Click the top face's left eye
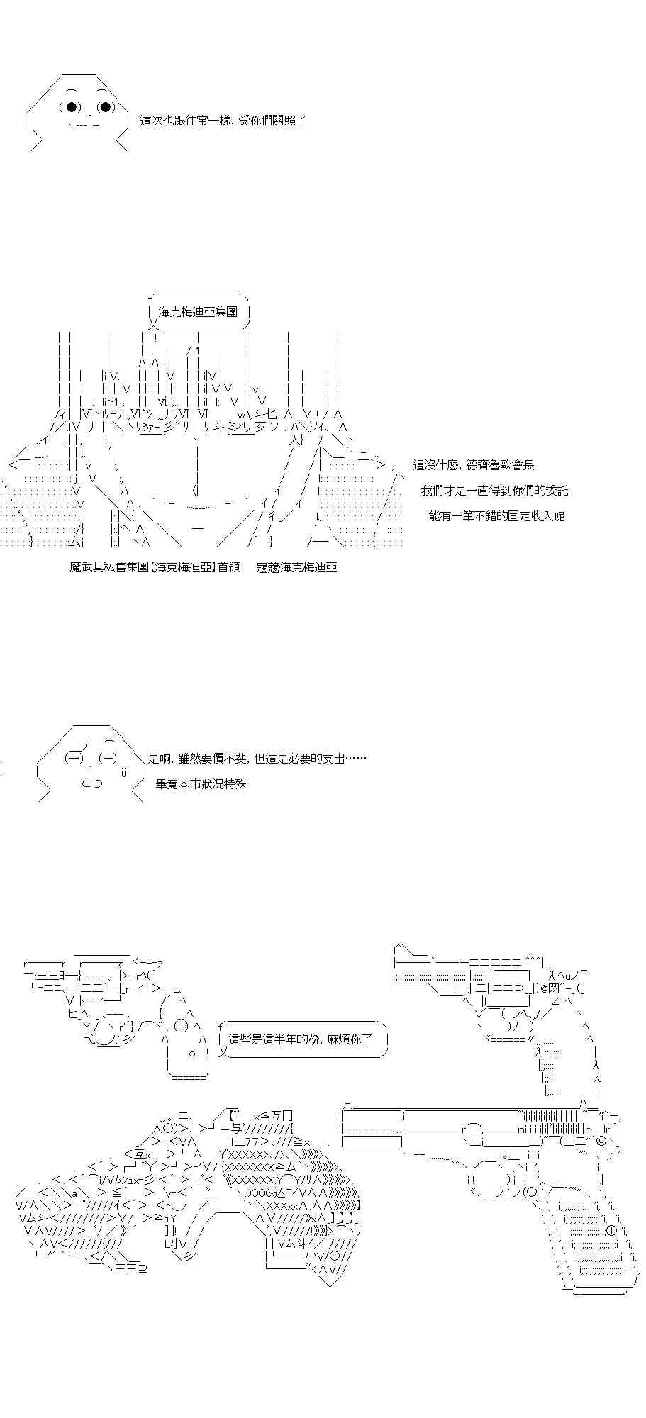(x=72, y=107)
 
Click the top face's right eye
(x=106, y=107)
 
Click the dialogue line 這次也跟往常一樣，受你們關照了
(x=223, y=121)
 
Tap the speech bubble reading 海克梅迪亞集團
(x=198, y=312)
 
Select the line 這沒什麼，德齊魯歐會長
(x=474, y=465)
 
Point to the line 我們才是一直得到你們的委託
(x=494, y=491)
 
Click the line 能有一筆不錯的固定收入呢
(x=496, y=516)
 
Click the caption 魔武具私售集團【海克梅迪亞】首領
(x=155, y=567)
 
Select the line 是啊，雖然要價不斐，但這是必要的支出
(x=257, y=759)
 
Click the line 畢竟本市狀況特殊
(x=201, y=784)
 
